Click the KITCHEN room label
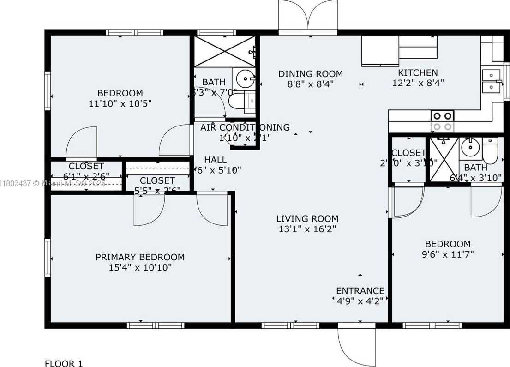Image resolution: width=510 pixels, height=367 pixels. pyautogui.click(x=418, y=73)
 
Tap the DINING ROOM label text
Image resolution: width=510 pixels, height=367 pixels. pyautogui.click(x=310, y=74)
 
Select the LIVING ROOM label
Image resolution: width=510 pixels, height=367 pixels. pyautogui.click(x=307, y=219)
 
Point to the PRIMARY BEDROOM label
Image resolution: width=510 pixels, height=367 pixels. pyautogui.click(x=140, y=257)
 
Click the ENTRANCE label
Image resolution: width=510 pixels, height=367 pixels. pyautogui.click(x=360, y=291)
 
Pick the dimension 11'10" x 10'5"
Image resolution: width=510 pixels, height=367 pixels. pyautogui.click(x=120, y=103)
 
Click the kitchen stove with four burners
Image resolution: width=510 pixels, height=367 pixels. pyautogui.click(x=442, y=121)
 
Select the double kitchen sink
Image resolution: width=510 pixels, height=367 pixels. pyautogui.click(x=492, y=81)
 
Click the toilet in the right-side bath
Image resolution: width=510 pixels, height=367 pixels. pyautogui.click(x=490, y=151)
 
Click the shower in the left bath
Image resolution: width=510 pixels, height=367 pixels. pyautogui.click(x=224, y=51)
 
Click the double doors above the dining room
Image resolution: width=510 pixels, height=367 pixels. pyautogui.click(x=308, y=16)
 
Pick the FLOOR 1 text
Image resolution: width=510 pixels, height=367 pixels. pyautogui.click(x=63, y=363)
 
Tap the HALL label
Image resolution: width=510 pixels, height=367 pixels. pyautogui.click(x=215, y=160)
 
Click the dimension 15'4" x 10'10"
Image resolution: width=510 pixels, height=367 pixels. pyautogui.click(x=140, y=268)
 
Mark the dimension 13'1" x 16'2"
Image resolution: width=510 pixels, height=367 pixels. pyautogui.click(x=307, y=229)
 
